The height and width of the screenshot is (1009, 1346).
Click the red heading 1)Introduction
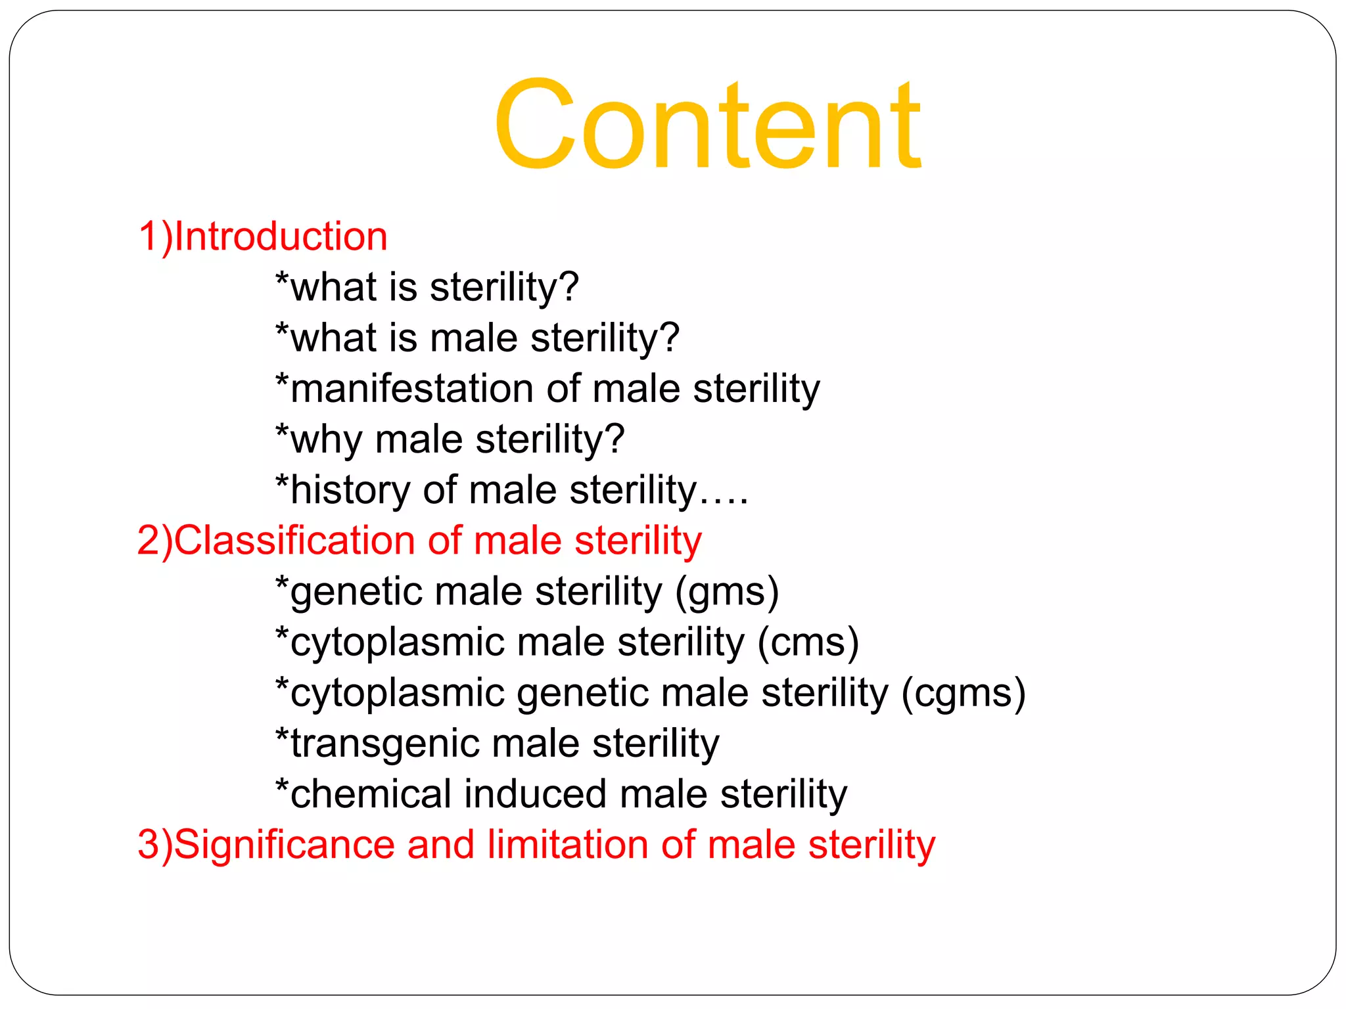pos(263,236)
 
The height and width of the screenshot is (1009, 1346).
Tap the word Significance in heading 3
pos(284,845)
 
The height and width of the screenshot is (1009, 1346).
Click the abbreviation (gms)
pos(727,591)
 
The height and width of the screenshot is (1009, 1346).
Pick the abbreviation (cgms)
pos(963,693)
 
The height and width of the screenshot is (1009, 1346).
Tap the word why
pos(326,440)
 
